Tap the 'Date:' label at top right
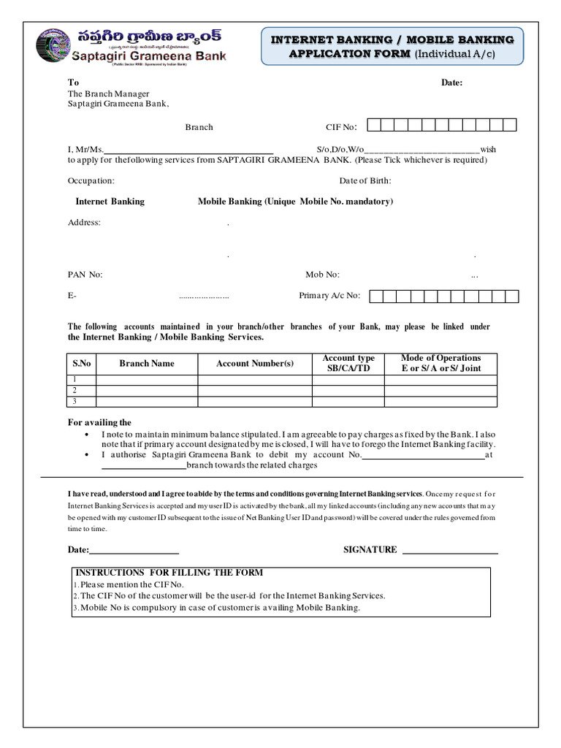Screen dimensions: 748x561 [451, 83]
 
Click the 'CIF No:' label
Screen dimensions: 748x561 [340, 127]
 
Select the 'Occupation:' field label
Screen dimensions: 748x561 [91, 180]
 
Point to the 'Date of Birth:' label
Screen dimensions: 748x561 [365, 180]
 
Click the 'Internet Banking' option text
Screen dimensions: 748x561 [110, 202]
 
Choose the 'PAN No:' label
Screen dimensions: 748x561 [85, 275]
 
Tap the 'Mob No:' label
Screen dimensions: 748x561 [322, 275]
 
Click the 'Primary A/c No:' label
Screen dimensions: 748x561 [330, 296]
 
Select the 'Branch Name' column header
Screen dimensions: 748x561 [147, 363]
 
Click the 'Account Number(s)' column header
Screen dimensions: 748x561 [255, 363]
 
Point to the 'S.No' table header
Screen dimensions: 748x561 [81, 363]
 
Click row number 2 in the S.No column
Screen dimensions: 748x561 [75, 390]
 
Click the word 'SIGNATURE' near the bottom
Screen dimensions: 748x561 [370, 550]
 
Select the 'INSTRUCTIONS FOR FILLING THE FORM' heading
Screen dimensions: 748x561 [169, 573]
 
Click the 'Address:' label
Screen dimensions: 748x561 [85, 222]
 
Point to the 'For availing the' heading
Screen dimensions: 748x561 [99, 422]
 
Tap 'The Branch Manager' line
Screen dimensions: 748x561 [109, 93]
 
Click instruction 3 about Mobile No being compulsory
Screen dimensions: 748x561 [217, 608]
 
